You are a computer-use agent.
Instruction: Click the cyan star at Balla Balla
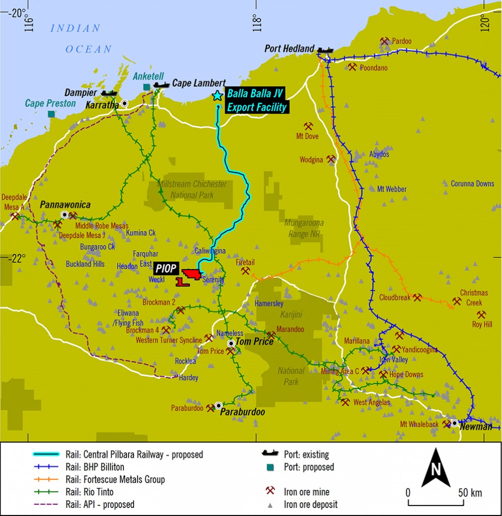point(217,95)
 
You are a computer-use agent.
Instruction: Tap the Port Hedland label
point(290,49)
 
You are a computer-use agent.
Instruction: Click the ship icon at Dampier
point(109,93)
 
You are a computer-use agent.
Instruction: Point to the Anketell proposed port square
point(147,87)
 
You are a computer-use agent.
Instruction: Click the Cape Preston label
point(50,103)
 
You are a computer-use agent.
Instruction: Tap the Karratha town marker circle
point(124,103)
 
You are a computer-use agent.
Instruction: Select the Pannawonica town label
point(66,205)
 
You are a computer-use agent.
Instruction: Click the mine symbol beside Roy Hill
point(481,314)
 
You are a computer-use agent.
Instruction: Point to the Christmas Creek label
point(473,297)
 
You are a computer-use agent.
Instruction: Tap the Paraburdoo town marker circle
point(218,405)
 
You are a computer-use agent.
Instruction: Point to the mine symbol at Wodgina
point(331,159)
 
